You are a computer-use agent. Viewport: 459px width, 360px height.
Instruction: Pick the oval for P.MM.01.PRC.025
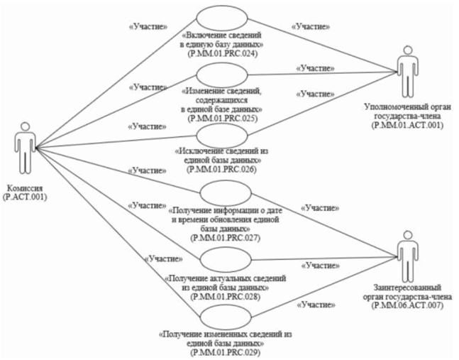[221, 74]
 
